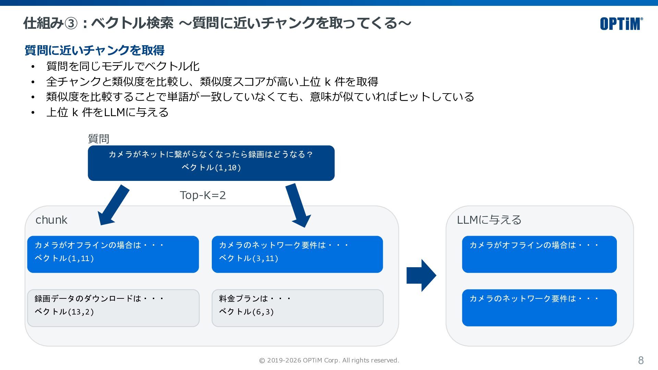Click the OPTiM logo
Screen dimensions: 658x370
621,24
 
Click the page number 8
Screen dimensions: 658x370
641,360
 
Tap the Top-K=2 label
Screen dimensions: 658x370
203,195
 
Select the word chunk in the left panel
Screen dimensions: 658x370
51,220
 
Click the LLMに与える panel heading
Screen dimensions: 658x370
489,220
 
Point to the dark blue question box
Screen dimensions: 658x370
211,163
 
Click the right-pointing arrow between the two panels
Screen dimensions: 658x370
421,275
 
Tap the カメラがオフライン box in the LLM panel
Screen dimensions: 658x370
539,254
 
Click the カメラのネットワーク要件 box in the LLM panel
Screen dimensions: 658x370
539,308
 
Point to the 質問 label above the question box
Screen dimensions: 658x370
99,139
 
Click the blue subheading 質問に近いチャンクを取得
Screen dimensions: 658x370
95,50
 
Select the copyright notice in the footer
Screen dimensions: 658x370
329,360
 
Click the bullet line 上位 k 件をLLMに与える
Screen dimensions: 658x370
107,112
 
